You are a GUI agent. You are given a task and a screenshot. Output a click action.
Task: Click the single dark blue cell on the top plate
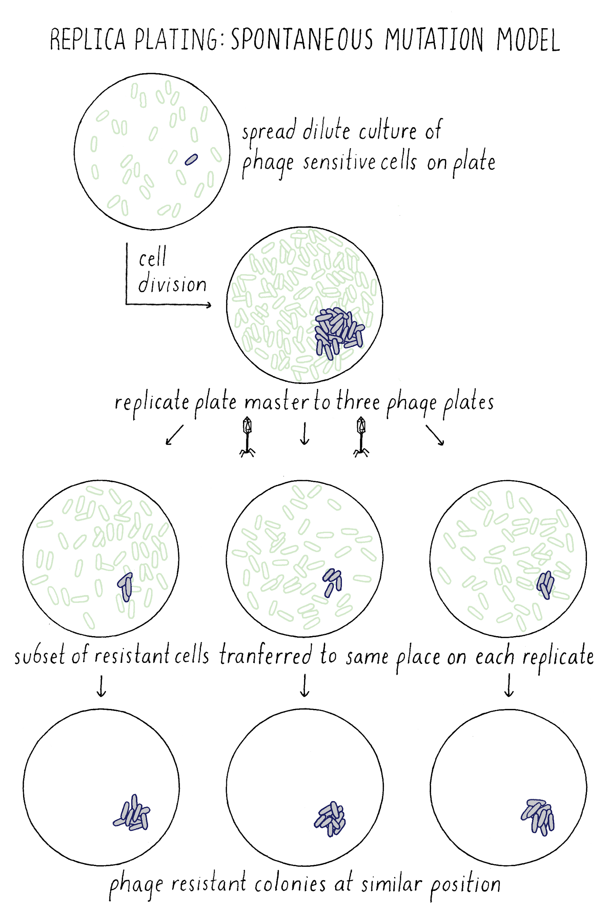(x=191, y=160)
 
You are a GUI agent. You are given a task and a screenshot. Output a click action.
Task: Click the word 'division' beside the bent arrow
(x=172, y=284)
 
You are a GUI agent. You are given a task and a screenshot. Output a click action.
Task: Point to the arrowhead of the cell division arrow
(x=209, y=305)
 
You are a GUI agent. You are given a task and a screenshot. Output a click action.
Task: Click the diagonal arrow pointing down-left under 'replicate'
(x=174, y=434)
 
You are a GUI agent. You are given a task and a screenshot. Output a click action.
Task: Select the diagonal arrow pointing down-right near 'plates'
(x=435, y=434)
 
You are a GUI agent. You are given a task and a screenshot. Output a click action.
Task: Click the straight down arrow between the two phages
(x=304, y=434)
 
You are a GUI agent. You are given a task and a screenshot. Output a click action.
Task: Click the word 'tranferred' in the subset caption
(x=265, y=656)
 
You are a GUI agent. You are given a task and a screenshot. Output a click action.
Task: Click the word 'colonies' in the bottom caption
(x=290, y=884)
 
